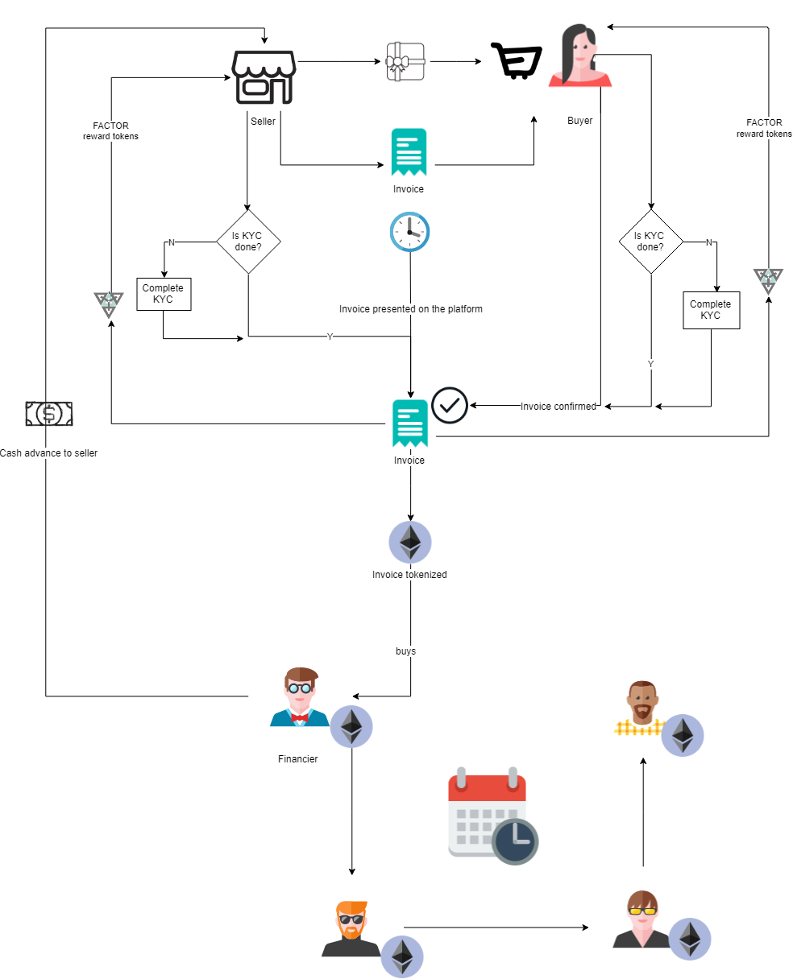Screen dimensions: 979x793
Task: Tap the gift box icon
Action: (x=405, y=61)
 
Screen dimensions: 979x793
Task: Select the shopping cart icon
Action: (x=516, y=61)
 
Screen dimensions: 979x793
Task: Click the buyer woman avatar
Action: (x=580, y=56)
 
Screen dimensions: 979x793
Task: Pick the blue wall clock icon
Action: (x=409, y=232)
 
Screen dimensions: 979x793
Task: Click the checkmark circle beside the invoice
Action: (x=450, y=405)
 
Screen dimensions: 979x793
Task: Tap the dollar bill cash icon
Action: (x=49, y=414)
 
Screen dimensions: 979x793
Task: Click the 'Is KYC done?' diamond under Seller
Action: (x=248, y=242)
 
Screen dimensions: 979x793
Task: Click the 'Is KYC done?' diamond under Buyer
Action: (x=650, y=242)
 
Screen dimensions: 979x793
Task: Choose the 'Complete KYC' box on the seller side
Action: (x=163, y=294)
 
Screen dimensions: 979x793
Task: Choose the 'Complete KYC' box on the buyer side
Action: (x=711, y=310)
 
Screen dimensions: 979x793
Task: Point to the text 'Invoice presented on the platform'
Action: (x=410, y=309)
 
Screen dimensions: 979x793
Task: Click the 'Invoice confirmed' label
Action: (x=558, y=407)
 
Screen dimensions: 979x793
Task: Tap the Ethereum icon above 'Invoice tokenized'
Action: (x=410, y=542)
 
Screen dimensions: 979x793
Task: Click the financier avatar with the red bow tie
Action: (x=299, y=697)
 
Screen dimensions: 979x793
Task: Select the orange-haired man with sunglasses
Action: (x=351, y=930)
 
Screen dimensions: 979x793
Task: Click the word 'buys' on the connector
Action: (x=405, y=651)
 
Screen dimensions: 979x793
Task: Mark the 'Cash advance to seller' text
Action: (x=48, y=453)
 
